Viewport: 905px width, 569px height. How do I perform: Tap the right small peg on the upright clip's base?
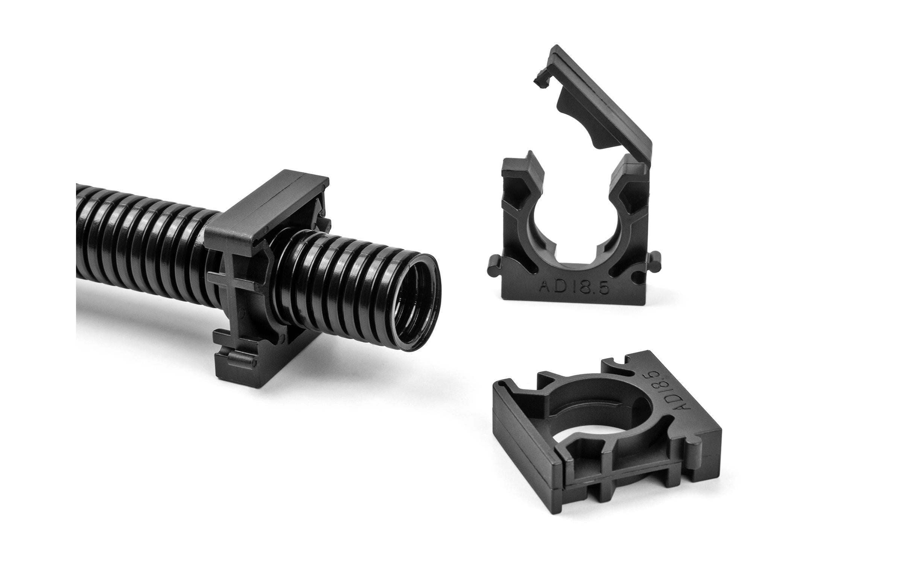[654, 259]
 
